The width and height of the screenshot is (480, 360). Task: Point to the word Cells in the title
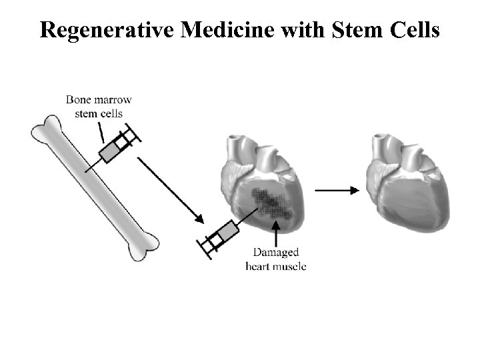(x=413, y=30)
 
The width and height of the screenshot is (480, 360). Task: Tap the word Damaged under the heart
(x=276, y=253)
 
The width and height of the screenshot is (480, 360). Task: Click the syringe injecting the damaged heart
(x=220, y=237)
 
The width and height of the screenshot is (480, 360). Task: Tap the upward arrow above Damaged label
(x=275, y=233)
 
